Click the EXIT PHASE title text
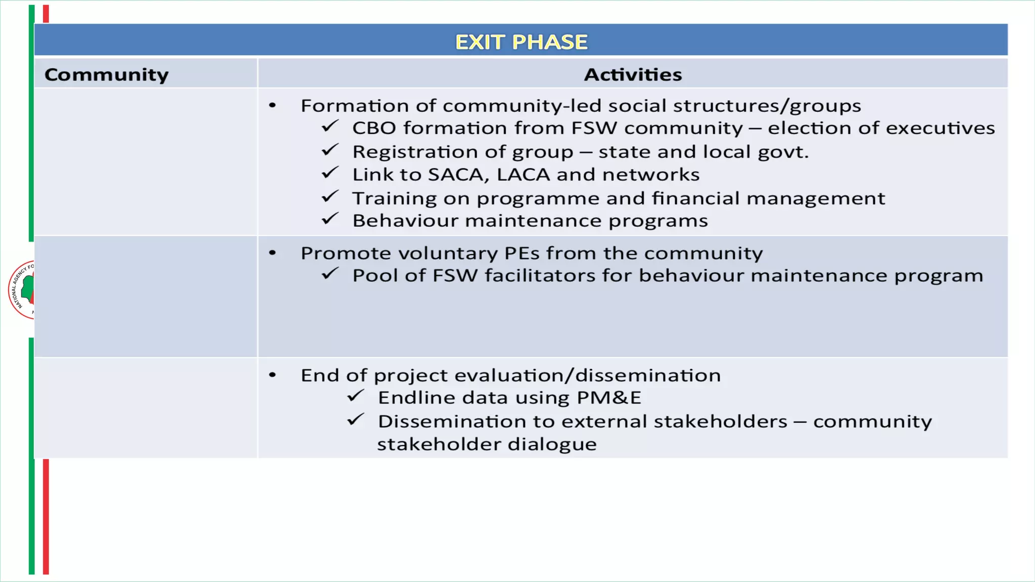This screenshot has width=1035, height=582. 521,42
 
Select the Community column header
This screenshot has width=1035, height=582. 107,75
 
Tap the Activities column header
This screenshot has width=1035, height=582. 633,75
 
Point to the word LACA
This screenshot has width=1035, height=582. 523,175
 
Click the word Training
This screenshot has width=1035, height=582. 394,199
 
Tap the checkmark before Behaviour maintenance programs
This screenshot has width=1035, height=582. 330,219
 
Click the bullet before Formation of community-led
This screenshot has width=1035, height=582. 272,106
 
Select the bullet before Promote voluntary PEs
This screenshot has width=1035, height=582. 272,253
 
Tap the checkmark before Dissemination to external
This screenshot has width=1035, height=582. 356,420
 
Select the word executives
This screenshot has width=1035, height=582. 940,128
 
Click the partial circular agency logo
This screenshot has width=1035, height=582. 22,289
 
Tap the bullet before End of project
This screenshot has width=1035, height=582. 272,375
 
